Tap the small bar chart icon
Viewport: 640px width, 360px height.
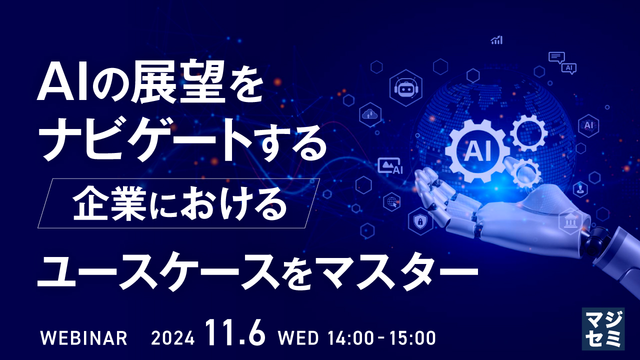(496, 40)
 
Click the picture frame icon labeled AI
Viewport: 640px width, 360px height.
(390, 166)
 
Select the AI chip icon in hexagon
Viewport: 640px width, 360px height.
(588, 125)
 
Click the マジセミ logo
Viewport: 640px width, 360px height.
(603, 328)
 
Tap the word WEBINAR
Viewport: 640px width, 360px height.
(83, 338)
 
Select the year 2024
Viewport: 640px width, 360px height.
(172, 338)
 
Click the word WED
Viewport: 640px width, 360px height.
(298, 338)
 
